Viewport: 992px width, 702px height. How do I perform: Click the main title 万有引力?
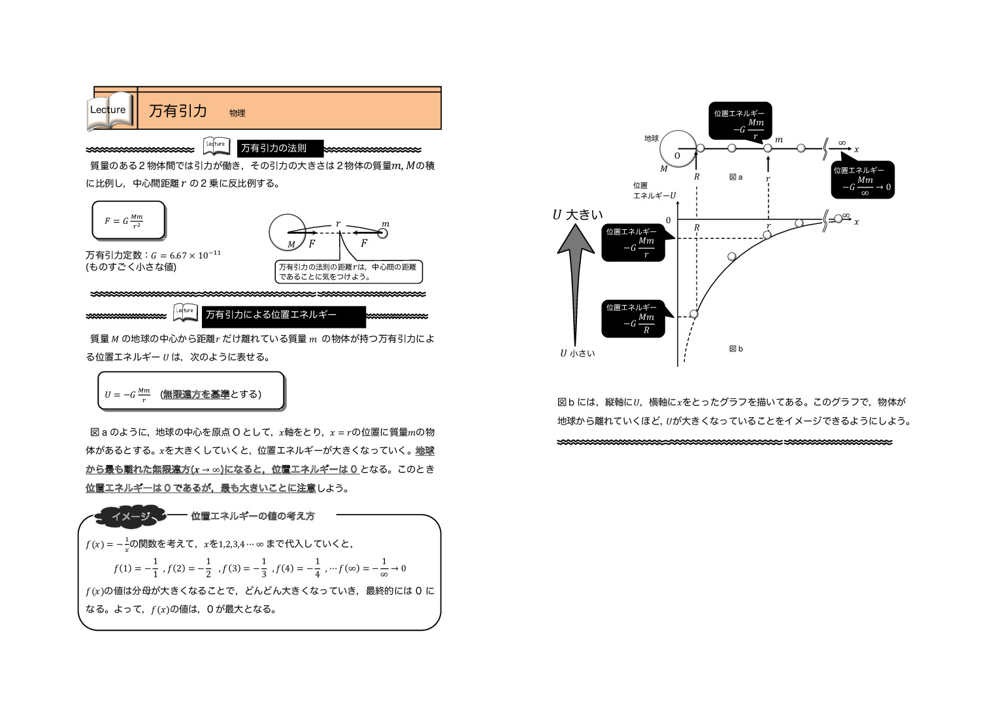click(178, 111)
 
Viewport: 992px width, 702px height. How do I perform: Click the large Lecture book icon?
click(110, 110)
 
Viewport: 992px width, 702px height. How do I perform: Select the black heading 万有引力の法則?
click(280, 148)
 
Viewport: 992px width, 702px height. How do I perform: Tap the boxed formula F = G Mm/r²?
click(128, 221)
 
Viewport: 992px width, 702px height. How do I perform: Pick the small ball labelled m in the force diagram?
click(383, 232)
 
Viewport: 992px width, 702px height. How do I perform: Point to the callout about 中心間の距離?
click(349, 272)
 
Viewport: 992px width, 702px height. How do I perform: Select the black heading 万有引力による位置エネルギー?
click(283, 315)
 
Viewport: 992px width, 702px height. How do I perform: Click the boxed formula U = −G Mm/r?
click(190, 392)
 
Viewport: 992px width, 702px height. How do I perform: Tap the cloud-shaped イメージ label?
click(130, 517)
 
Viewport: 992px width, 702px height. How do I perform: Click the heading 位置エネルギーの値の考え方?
click(253, 516)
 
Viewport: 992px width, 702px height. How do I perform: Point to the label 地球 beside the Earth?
click(651, 138)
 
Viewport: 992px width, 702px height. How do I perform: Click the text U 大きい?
click(578, 214)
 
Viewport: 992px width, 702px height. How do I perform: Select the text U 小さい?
click(577, 353)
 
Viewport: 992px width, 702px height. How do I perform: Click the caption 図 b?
click(736, 349)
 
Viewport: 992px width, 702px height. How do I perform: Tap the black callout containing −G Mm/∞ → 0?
click(863, 180)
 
